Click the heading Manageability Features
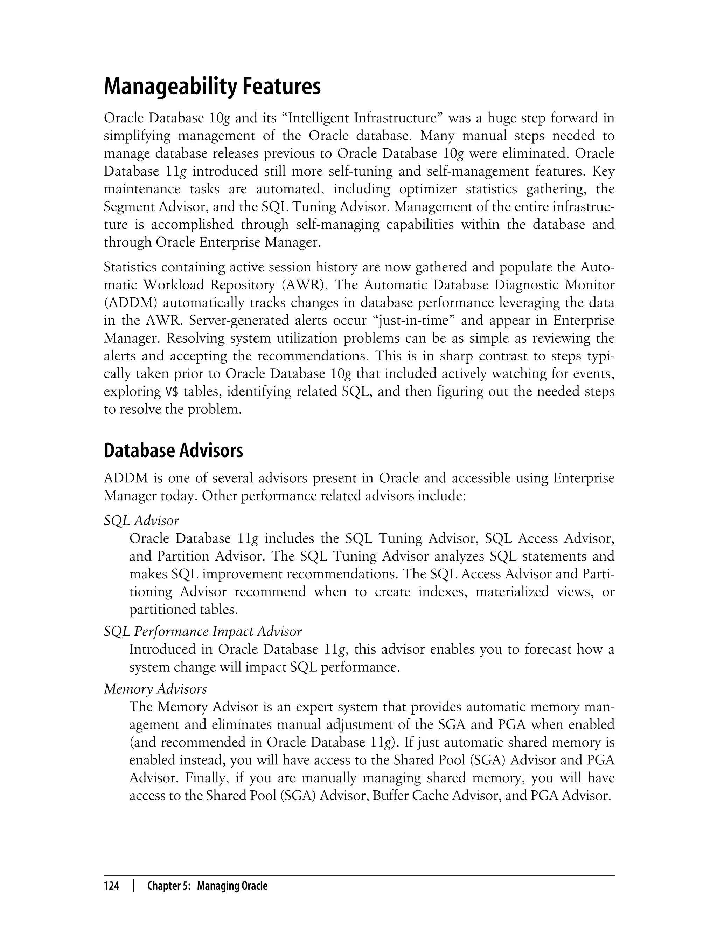pos(212,87)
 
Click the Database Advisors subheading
pos(173,451)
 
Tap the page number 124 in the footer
pos(111,887)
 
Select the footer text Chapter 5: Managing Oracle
pos(207,887)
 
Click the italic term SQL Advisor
pos(141,521)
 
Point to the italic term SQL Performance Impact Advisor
pos(203,632)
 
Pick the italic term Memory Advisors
pos(155,689)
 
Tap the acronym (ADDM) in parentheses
pos(131,303)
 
